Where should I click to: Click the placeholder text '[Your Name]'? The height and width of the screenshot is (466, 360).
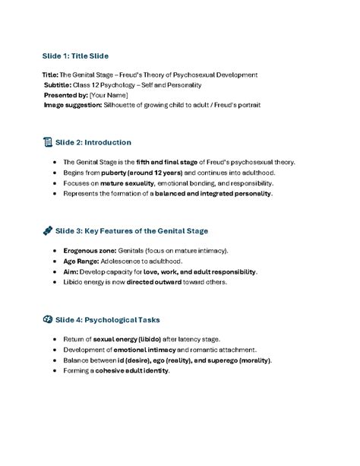tap(108, 95)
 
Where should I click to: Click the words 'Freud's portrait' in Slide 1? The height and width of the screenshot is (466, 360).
tap(235, 105)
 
